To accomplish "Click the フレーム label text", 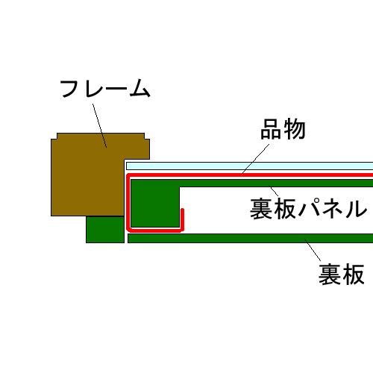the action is click(x=105, y=88).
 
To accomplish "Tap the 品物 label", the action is click(x=283, y=129).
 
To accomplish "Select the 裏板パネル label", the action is click(x=308, y=209).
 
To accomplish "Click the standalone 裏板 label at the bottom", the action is click(x=342, y=275).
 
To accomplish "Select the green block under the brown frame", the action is click(x=105, y=230).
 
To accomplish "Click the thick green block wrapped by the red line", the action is click(x=154, y=204).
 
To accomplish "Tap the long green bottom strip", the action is click(x=251, y=238).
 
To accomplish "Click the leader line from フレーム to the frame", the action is click(x=100, y=125).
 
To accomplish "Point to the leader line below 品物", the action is click(x=256, y=159).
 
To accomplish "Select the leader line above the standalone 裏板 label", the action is click(x=313, y=250).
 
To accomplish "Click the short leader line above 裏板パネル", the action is click(x=275, y=192).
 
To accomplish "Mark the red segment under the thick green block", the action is click(x=154, y=230).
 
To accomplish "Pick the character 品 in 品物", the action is click(x=271, y=129).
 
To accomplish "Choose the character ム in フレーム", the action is click(x=140, y=88).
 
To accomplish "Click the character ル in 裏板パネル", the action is click(x=357, y=209).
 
